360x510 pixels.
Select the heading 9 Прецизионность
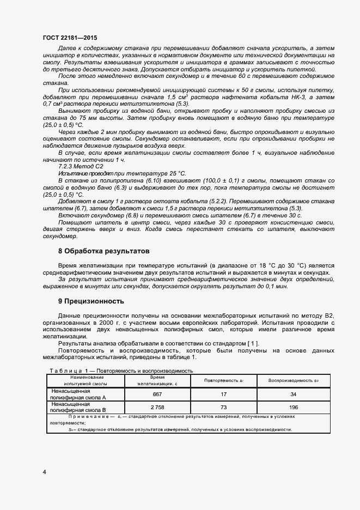coord(91,301)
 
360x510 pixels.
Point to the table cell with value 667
coord(157,394)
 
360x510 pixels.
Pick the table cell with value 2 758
coord(157,408)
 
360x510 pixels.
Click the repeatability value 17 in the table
coord(223,394)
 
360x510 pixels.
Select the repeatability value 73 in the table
coord(223,408)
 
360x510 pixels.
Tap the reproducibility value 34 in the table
coord(293,394)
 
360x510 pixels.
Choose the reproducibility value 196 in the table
coord(293,408)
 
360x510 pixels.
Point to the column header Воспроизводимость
coord(292,380)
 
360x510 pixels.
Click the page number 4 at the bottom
coord(44,471)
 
